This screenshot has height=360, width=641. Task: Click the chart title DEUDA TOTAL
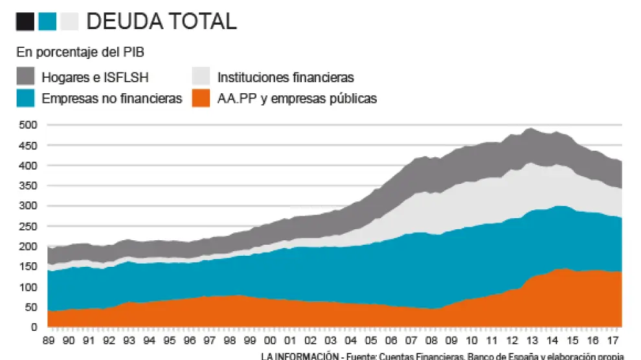point(161,21)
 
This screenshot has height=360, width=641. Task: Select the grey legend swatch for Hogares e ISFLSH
point(25,76)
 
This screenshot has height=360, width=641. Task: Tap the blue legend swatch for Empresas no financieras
point(25,98)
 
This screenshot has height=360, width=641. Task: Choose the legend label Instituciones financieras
point(286,78)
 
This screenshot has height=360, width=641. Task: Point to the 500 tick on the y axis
point(29,125)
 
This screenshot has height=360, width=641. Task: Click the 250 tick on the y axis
point(29,226)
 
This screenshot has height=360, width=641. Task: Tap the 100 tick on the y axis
point(29,287)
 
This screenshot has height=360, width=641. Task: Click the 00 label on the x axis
point(271,341)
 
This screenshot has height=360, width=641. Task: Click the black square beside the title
point(25,22)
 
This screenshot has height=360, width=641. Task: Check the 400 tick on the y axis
point(29,166)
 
